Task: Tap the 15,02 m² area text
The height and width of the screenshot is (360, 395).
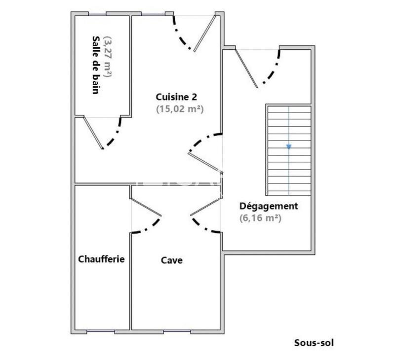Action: click(x=180, y=109)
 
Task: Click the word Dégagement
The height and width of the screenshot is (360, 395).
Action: click(x=269, y=206)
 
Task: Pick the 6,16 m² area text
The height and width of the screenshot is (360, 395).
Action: click(x=261, y=217)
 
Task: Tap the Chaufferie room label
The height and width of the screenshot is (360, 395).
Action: click(x=101, y=259)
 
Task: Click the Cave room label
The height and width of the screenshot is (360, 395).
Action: click(x=172, y=260)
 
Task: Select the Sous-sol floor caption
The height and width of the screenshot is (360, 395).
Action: click(x=314, y=342)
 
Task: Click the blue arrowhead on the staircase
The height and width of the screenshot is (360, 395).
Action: click(x=289, y=146)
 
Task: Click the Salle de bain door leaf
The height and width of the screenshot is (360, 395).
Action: click(x=93, y=132)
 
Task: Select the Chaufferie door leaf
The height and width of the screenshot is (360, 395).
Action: click(x=146, y=207)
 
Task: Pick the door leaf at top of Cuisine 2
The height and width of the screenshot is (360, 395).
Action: click(x=205, y=33)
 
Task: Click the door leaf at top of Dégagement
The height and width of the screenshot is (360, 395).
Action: click(x=246, y=68)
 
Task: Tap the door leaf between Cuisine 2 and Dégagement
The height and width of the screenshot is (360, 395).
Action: click(x=205, y=162)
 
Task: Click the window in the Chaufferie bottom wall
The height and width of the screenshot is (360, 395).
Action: click(x=101, y=331)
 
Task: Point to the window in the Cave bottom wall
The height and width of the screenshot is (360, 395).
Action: click(x=177, y=331)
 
